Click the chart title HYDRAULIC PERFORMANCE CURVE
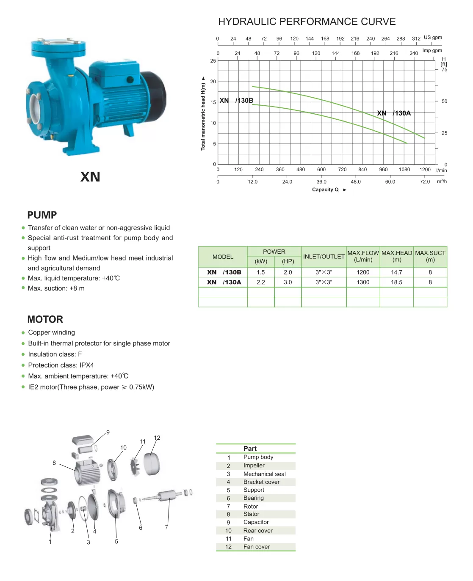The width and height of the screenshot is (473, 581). point(307,22)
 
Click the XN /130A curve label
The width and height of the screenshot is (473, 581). point(394,113)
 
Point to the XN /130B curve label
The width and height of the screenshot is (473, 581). point(236,101)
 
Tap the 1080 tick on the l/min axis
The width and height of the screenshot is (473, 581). point(404,170)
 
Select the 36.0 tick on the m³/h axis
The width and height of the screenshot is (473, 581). point(321,182)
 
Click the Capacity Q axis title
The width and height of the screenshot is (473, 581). point(326,190)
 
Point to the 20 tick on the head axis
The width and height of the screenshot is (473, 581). point(213,82)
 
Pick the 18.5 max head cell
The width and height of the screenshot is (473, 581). point(397,282)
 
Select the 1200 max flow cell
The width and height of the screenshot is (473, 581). point(363,273)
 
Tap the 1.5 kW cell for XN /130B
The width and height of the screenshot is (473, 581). point(261,273)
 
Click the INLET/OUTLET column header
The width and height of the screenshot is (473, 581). point(324,257)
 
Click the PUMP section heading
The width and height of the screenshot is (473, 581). point(42,215)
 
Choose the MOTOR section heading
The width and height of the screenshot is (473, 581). point(45,320)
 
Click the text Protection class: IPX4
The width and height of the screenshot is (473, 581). point(61,365)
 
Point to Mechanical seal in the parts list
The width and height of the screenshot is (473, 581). point(264,474)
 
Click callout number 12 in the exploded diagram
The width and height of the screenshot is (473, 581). point(157,438)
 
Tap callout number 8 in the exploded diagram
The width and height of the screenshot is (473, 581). point(54,463)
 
